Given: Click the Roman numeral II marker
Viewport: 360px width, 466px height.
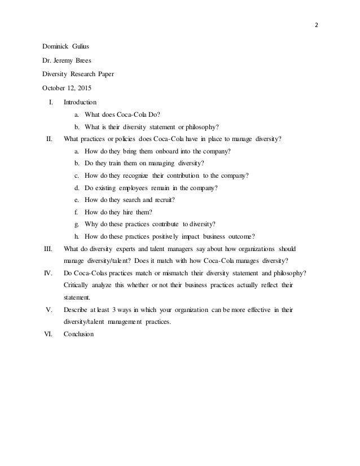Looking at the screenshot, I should pos(49,138).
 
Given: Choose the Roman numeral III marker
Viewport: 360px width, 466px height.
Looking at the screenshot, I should pos(47,249).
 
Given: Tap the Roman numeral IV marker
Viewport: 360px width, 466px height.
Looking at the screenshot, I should pos(48,274).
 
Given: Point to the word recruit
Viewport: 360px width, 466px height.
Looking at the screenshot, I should pos(170,200).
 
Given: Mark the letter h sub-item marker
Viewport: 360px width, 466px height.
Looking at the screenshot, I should pos(76,236).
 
